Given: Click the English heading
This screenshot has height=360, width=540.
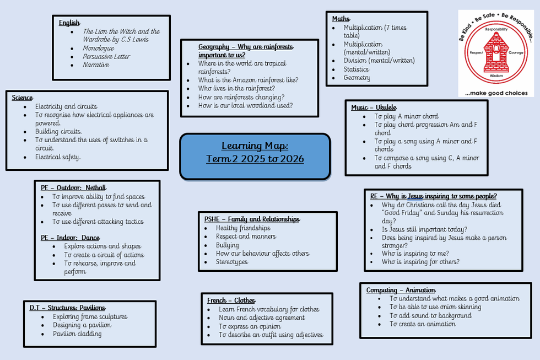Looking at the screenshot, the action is (69, 23).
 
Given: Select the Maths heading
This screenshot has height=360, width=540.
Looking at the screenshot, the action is (341, 19).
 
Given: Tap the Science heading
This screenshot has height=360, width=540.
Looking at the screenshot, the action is (23, 98).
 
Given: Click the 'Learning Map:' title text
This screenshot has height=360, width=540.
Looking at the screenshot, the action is (255, 146).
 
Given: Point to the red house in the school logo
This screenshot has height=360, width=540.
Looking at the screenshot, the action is (496, 53).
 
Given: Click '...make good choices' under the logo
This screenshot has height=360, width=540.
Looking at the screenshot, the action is (496, 93).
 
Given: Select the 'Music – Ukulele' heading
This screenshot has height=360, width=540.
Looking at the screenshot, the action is (374, 108).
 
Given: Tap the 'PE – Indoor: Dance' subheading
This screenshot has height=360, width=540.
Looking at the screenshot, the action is (71, 238).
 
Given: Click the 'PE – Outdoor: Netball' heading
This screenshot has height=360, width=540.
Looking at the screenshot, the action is (73, 188).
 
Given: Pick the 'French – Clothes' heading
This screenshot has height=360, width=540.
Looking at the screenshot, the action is (231, 300).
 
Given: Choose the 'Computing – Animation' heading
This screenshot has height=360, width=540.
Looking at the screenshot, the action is (401, 290).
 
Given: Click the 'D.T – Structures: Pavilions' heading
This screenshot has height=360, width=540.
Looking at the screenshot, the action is (67, 308).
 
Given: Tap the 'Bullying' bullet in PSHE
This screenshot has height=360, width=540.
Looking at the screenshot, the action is (227, 245).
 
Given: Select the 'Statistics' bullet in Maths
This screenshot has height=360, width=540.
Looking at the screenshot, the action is (356, 69).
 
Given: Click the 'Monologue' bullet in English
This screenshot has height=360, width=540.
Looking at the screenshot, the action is (98, 48).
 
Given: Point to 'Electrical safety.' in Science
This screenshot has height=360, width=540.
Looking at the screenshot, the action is (58, 157).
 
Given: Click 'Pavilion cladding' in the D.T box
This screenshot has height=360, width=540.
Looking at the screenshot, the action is (77, 334).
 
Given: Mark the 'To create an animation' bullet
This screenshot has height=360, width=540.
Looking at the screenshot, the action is (423, 324).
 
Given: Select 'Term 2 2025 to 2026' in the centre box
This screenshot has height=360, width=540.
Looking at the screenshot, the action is (255, 159).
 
